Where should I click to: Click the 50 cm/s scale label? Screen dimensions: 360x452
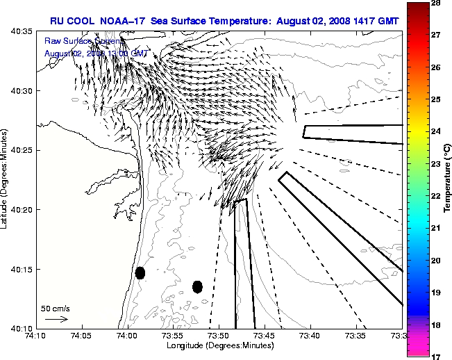tap(55, 309)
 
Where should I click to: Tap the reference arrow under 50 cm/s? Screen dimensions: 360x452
tap(56, 319)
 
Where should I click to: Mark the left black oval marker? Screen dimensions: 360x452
tap(140, 273)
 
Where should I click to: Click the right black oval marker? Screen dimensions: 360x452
tap(197, 286)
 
